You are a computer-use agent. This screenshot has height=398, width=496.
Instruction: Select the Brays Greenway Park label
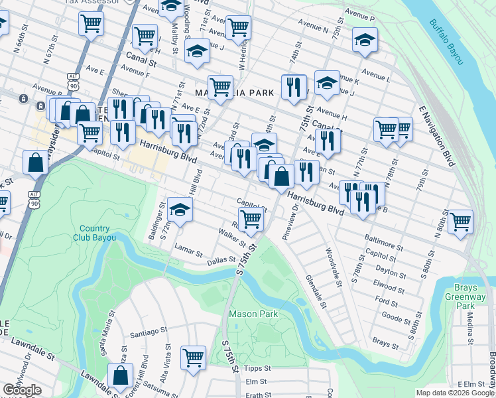tap(475, 297)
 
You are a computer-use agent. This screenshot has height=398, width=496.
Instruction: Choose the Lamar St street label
tap(189, 252)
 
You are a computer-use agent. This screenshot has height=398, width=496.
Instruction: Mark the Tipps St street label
tap(258, 368)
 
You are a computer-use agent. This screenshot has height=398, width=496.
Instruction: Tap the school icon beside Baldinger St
tap(178, 210)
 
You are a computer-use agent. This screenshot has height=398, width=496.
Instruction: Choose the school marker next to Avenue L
tap(365, 39)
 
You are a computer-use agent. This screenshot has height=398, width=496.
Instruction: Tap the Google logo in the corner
tap(23, 390)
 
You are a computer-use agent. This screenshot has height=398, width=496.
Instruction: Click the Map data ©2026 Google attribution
tap(455, 393)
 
